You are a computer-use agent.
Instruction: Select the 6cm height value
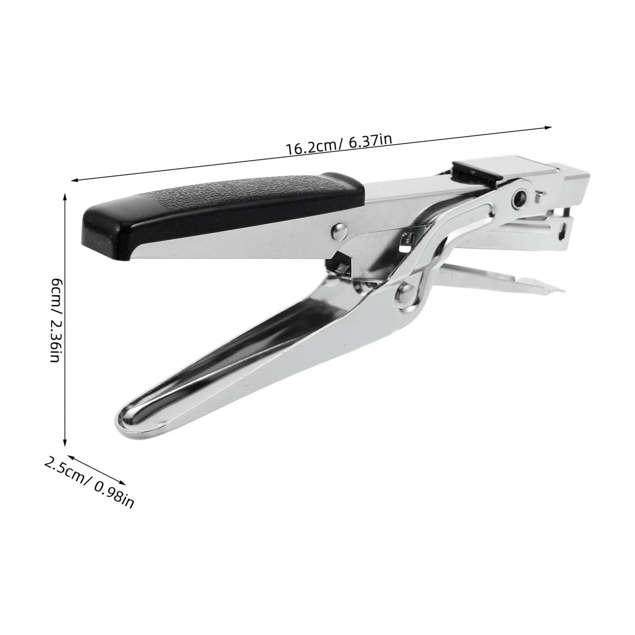click(56, 291)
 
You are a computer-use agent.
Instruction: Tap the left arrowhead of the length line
click(74, 181)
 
